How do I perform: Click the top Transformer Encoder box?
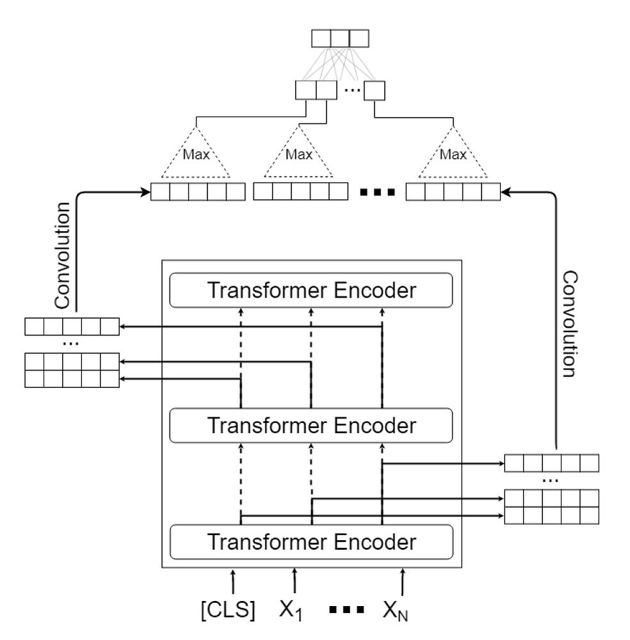coord(311,291)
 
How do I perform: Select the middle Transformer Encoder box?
coord(311,425)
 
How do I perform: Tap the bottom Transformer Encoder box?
coord(311,541)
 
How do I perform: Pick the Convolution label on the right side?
coord(569,324)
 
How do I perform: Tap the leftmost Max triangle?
coord(196,154)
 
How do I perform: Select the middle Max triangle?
coord(298,154)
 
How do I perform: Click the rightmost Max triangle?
coord(453,154)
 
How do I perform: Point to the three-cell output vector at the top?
coord(340,38)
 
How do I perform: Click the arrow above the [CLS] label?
coord(233,580)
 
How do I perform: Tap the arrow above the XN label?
coord(402,580)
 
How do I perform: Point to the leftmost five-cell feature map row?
coord(198,192)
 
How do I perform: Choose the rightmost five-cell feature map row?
coord(453,192)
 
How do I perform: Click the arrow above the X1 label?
coord(294,580)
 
